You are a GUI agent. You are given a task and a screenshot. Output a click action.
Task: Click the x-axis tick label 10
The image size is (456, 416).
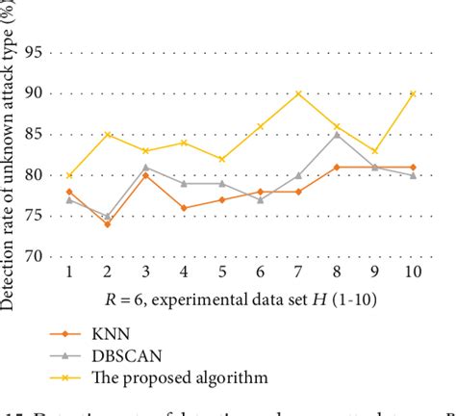click(x=412, y=273)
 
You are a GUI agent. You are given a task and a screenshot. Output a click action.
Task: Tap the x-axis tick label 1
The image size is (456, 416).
click(x=70, y=273)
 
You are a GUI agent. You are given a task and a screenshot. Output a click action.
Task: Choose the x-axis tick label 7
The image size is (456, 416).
click(x=297, y=273)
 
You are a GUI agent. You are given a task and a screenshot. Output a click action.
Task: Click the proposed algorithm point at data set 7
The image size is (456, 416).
click(x=297, y=93)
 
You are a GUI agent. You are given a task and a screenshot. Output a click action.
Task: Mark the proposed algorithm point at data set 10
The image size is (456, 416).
click(x=412, y=93)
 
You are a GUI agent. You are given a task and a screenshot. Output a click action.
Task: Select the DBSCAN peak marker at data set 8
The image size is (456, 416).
click(x=336, y=134)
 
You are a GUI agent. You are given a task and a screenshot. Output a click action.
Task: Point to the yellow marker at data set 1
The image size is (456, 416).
click(x=70, y=175)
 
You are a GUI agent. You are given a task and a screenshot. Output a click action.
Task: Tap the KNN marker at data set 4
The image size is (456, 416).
click(x=184, y=207)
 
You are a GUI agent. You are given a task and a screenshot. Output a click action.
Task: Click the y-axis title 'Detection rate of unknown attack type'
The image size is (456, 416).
click(x=11, y=154)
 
